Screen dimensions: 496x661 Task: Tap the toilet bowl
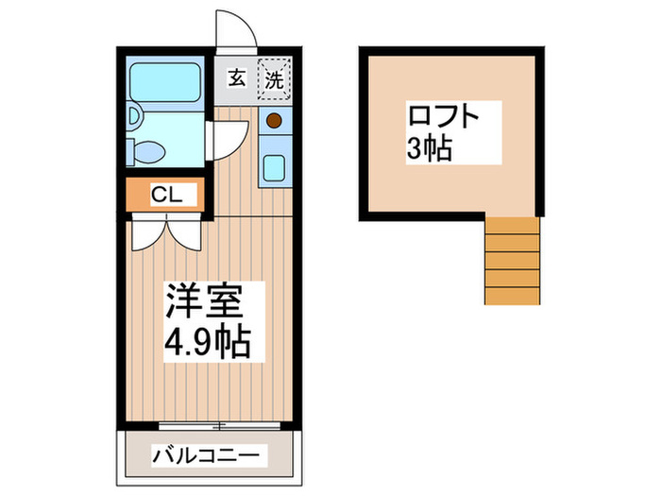pos(148,150)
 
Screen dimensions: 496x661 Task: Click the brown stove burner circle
pos(274,122)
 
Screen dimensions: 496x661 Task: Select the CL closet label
pos(168,196)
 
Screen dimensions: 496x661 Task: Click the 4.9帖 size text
pos(208,342)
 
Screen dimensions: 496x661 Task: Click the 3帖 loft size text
pos(429,148)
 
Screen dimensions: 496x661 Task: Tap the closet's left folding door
pos(148,232)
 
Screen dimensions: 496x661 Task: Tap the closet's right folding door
pos(186,232)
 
